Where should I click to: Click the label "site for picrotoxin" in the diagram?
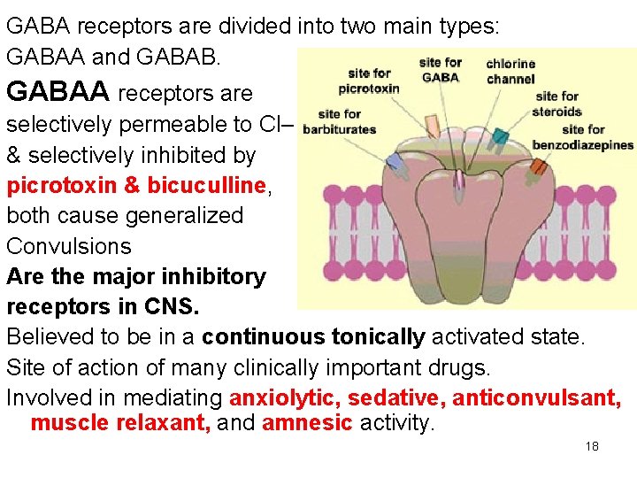tap(369, 81)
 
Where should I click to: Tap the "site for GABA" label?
tap(440, 69)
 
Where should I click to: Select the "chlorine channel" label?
tap(510, 71)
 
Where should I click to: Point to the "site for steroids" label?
tap(556, 104)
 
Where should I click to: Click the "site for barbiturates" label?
tap(339, 121)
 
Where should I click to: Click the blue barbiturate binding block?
tap(393, 162)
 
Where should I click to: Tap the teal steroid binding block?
tap(500, 136)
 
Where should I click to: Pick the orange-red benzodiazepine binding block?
tap(538, 166)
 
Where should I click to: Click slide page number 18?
tap(592, 446)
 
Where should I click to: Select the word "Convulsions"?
tap(69, 246)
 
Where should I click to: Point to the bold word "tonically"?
tap(378, 337)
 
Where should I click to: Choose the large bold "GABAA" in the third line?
tap(58, 92)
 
